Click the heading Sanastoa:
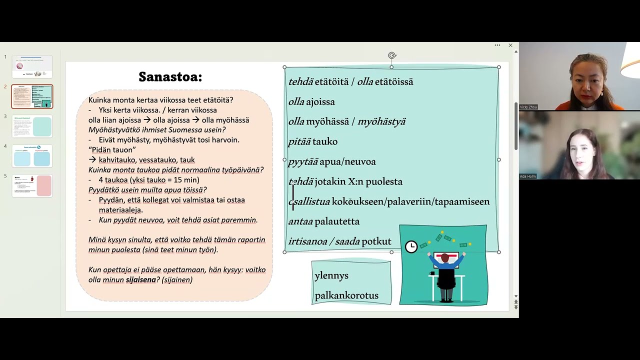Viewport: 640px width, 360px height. [170, 77]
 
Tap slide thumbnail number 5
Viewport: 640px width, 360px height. [32, 185]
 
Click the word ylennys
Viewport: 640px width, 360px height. [331, 275]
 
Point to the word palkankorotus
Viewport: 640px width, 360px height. [346, 295]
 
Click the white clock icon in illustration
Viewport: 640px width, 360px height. [411, 246]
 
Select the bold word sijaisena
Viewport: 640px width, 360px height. [140, 280]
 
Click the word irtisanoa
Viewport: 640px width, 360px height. [307, 241]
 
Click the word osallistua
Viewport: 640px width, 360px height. [309, 201]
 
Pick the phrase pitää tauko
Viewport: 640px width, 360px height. [312, 141]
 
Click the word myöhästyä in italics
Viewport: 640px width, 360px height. [381, 121]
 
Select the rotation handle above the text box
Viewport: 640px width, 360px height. [392, 55]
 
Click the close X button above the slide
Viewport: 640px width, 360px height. [510, 45]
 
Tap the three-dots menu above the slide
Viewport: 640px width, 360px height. [497, 45]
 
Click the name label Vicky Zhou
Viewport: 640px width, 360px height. [528, 107]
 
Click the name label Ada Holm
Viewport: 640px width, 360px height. [527, 176]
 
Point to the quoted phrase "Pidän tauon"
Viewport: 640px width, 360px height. [112, 150]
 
